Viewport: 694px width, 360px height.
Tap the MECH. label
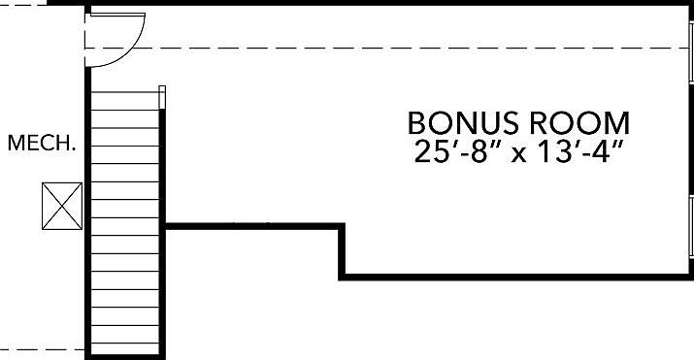point(41,143)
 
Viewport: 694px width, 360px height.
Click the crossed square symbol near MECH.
point(62,206)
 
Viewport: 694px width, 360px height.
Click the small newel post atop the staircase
point(162,97)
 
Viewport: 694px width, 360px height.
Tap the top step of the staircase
point(125,101)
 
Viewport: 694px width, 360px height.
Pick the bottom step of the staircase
point(125,348)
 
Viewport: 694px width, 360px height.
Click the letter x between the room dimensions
point(519,155)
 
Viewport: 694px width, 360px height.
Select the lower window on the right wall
point(691,225)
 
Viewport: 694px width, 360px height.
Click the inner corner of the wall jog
point(342,226)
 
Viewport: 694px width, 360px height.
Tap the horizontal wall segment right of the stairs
point(252,226)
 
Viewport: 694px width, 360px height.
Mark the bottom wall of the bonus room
point(516,277)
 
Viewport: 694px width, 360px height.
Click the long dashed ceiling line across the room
point(386,48)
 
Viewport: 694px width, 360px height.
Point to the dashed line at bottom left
point(42,349)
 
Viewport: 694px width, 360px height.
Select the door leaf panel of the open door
point(117,15)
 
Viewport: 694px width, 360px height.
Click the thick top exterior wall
point(370,3)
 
